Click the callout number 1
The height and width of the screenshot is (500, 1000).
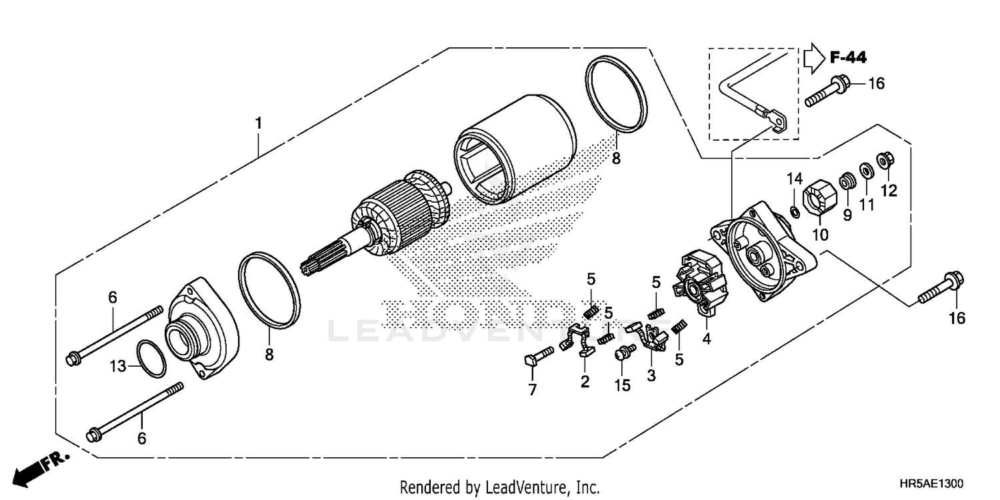257,123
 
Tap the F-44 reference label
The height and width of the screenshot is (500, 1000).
848,58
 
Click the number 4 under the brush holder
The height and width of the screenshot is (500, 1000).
706,339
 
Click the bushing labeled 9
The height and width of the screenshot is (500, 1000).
847,181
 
